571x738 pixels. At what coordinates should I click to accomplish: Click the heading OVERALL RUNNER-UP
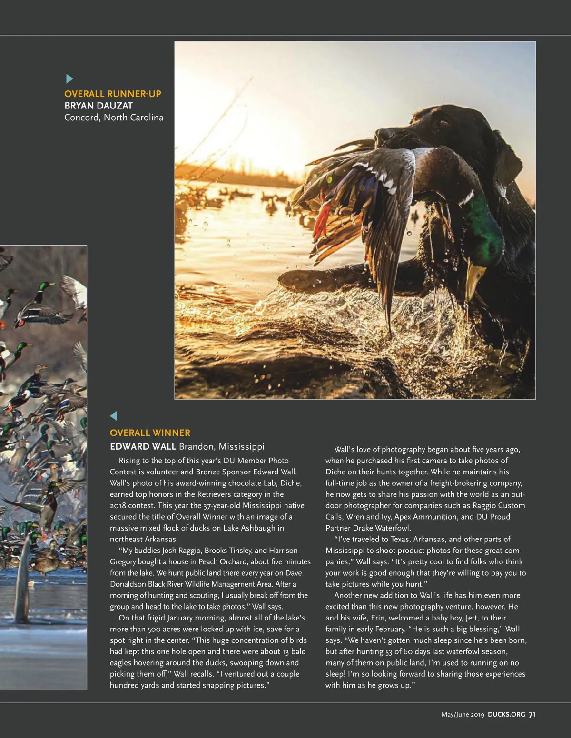coord(113,94)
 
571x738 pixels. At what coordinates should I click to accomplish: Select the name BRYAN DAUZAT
coord(98,106)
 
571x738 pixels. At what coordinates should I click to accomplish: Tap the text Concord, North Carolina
coord(114,118)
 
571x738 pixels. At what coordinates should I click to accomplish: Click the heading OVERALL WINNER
coord(150,433)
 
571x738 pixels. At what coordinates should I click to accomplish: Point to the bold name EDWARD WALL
coord(143,447)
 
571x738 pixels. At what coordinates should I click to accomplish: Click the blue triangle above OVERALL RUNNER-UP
coord(69,79)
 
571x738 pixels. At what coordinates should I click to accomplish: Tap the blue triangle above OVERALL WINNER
coord(113,416)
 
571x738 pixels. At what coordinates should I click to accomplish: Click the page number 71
coord(532,715)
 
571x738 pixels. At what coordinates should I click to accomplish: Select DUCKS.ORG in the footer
coord(506,715)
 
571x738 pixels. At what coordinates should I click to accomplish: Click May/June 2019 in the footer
coord(463,715)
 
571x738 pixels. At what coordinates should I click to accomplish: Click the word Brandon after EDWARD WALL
coord(196,447)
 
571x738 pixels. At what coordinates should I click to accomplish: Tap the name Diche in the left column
coord(290,483)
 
